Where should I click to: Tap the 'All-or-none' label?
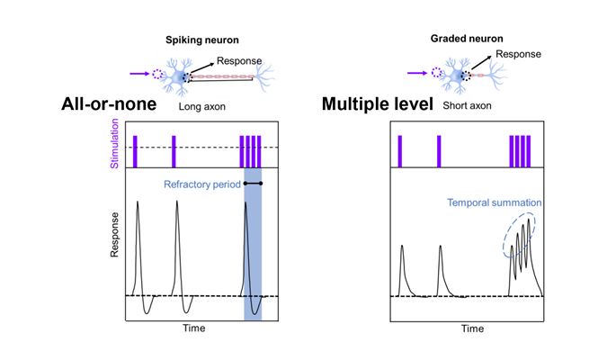pos(109,104)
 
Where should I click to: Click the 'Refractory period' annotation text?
pos(202,186)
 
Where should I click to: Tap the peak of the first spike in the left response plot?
pos(138,203)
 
